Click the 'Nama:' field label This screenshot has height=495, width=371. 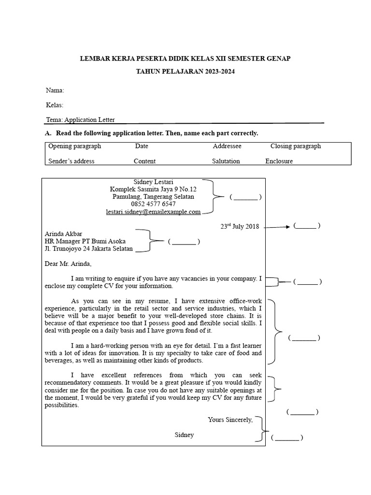55,90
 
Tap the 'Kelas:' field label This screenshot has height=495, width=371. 55,105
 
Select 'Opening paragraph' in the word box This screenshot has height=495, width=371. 74,146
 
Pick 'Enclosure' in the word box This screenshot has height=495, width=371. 279,161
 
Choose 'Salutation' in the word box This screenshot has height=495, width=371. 226,161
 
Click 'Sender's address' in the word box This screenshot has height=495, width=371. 71,161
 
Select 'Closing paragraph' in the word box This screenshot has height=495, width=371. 295,146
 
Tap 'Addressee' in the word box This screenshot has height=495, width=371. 227,146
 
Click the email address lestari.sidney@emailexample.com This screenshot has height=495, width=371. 153,212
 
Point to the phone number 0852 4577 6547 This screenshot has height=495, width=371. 153,204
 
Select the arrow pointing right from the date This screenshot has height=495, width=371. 277,226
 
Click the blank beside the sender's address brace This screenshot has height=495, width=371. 246,197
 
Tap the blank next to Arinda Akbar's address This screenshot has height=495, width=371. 184,242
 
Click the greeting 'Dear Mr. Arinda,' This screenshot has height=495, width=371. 68,264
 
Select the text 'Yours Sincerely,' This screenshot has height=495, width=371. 230,420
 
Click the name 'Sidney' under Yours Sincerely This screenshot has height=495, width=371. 184,435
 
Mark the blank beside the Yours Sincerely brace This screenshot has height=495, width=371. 287,438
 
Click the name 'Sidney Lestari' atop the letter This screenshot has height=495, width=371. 153,181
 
